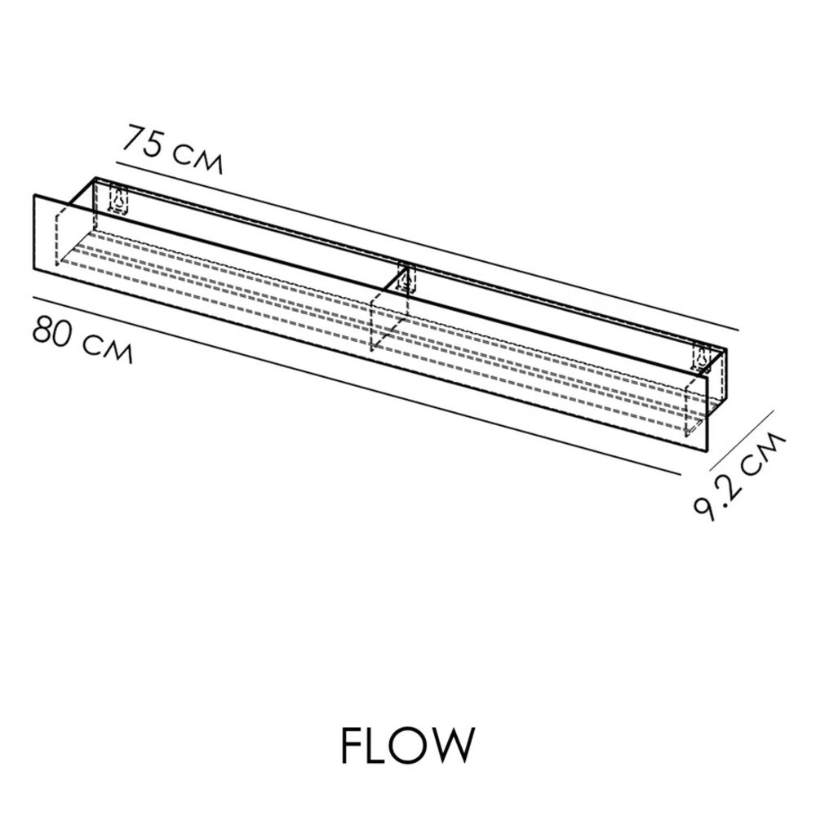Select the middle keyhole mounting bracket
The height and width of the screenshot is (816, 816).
(405, 279)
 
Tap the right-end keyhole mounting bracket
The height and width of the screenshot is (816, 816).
(701, 359)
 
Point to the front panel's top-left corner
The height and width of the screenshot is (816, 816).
(34, 196)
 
